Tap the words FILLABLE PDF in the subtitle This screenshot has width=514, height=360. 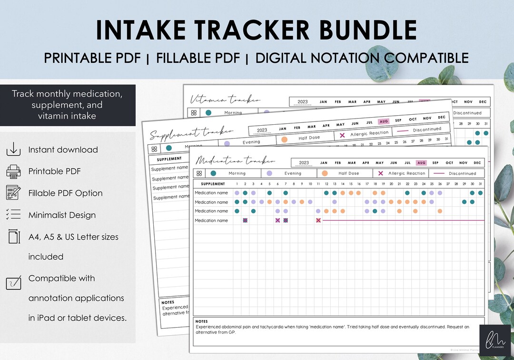[x=198, y=58]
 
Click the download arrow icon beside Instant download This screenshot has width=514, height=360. [x=13, y=150]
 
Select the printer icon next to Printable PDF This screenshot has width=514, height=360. [x=13, y=171]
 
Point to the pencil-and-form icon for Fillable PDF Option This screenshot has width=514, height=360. [x=13, y=193]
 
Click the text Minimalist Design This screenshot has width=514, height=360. [x=62, y=215]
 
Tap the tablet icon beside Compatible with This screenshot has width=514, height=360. [x=13, y=282]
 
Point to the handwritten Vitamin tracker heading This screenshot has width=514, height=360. [x=225, y=100]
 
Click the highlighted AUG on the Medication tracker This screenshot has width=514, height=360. [x=421, y=163]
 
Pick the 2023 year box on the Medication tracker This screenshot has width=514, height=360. [x=304, y=163]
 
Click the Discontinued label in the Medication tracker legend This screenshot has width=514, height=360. [x=462, y=173]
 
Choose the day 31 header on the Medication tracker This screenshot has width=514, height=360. [x=480, y=184]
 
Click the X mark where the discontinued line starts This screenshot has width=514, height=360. [x=318, y=220]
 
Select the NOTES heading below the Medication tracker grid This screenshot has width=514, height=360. [x=202, y=321]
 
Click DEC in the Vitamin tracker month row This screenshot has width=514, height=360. [x=483, y=102]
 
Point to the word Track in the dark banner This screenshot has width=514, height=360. [x=23, y=94]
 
